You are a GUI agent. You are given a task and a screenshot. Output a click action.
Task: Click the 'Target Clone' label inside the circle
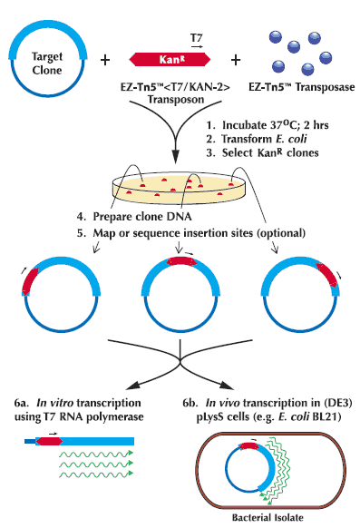pos(47,63)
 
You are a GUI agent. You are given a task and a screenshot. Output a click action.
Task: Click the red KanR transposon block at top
pos(170,60)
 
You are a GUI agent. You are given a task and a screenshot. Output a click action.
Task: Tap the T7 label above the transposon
pos(196,37)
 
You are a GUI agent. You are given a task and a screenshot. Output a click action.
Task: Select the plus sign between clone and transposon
pos(105,60)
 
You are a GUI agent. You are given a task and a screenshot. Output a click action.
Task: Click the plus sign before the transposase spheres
pos(236,60)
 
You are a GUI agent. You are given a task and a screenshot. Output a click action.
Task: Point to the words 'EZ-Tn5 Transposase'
pos(301,87)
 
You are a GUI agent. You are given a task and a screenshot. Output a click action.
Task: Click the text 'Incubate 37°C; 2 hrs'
pos(276,125)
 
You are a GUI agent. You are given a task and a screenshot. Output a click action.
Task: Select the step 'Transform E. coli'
pos(264,139)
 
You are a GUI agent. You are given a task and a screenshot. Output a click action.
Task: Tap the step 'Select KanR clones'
pos(270,152)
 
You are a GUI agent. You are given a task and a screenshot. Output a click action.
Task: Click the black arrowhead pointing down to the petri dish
pos(175,157)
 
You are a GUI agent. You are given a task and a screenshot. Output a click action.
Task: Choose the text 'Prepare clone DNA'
pos(142,216)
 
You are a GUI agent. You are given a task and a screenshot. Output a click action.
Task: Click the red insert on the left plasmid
pos(29,281)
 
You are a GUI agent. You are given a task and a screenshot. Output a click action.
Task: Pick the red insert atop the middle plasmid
pos(181,261)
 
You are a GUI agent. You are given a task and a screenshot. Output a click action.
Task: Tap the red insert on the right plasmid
pos(328,275)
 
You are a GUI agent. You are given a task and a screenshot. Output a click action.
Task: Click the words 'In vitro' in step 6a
pos(54,403)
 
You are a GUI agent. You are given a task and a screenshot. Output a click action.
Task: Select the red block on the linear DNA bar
pos(50,441)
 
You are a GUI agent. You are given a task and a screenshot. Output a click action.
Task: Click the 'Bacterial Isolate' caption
pos(268,517)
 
